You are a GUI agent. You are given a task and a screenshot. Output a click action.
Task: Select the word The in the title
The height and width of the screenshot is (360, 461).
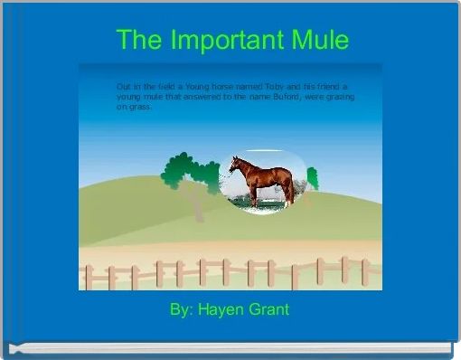[x=138, y=41]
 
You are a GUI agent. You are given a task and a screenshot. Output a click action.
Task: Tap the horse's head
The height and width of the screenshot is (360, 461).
[x=234, y=164]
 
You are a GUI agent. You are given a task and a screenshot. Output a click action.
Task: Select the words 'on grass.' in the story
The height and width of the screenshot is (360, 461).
[x=134, y=105]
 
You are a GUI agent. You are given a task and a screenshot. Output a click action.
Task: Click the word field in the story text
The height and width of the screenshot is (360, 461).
[x=148, y=85]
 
